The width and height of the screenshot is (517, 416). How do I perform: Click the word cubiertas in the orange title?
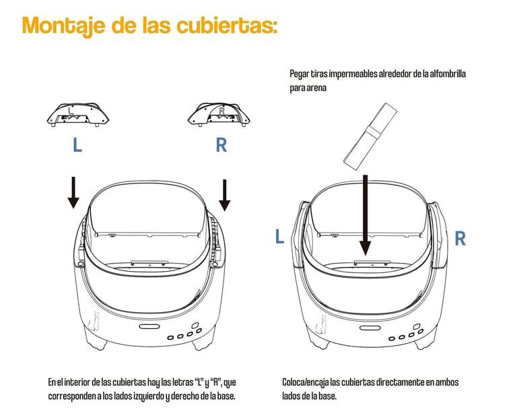pyautogui.click(x=226, y=25)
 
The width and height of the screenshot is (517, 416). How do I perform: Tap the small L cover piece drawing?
pyautogui.click(x=78, y=115)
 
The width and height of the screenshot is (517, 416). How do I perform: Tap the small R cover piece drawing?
pyautogui.click(x=219, y=114)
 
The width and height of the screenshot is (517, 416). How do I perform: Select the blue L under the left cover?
pyautogui.click(x=77, y=145)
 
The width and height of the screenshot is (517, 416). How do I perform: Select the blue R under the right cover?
pyautogui.click(x=221, y=145)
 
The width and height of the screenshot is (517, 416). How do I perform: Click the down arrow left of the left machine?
pyautogui.click(x=73, y=192)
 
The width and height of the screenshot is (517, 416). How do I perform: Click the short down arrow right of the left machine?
pyautogui.click(x=225, y=195)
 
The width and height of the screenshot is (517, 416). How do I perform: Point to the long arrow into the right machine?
pyautogui.click(x=366, y=215)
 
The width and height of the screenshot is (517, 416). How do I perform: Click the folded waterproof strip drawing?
pyautogui.click(x=370, y=137)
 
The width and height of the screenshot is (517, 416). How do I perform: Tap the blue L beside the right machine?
pyautogui.click(x=279, y=237)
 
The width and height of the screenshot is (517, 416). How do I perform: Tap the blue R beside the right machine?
pyautogui.click(x=460, y=238)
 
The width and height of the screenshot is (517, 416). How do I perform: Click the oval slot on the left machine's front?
pyautogui.click(x=149, y=326)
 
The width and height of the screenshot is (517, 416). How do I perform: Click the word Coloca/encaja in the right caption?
pyautogui.click(x=306, y=383)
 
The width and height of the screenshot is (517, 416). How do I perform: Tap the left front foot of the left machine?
pyautogui.click(x=98, y=343)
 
